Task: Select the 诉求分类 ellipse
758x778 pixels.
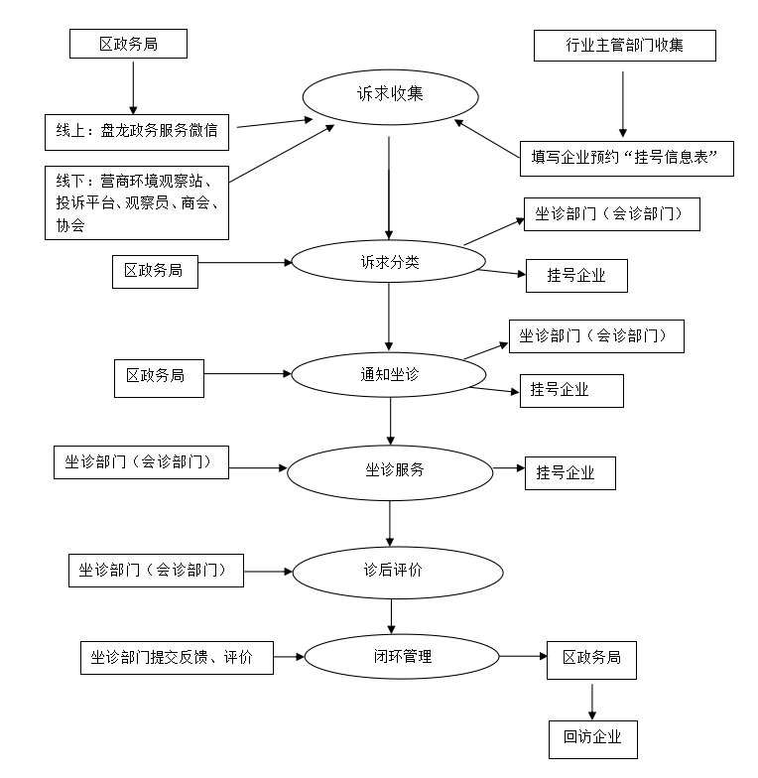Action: coord(387,263)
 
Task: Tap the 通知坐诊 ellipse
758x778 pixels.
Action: coord(388,374)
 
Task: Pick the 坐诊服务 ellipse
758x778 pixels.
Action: coord(389,470)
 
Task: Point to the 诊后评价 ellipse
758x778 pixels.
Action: coord(396,572)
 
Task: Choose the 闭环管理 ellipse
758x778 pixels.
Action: coord(396,656)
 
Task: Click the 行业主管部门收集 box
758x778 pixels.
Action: coord(624,46)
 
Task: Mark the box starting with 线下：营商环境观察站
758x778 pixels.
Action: coord(137,202)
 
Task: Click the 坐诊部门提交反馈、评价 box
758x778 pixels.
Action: coord(177,657)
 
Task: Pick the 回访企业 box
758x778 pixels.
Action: coord(592,737)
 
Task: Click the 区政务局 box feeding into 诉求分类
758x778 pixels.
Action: coord(154,270)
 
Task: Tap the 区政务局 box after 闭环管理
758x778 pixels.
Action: coord(591,659)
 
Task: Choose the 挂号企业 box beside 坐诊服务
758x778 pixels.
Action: coord(569,473)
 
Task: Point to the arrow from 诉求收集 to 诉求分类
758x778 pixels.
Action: coord(388,189)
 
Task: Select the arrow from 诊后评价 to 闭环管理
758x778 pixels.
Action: coord(394,614)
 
